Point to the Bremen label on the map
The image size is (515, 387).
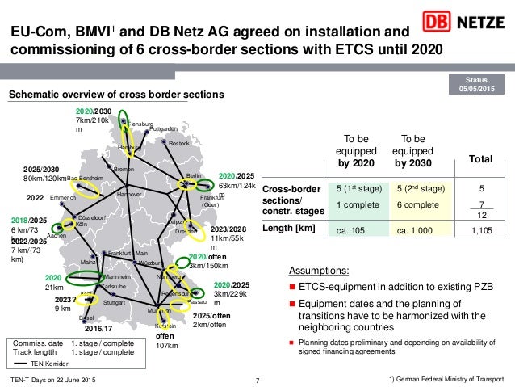tap(124, 170)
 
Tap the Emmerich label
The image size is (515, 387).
tap(62, 197)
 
